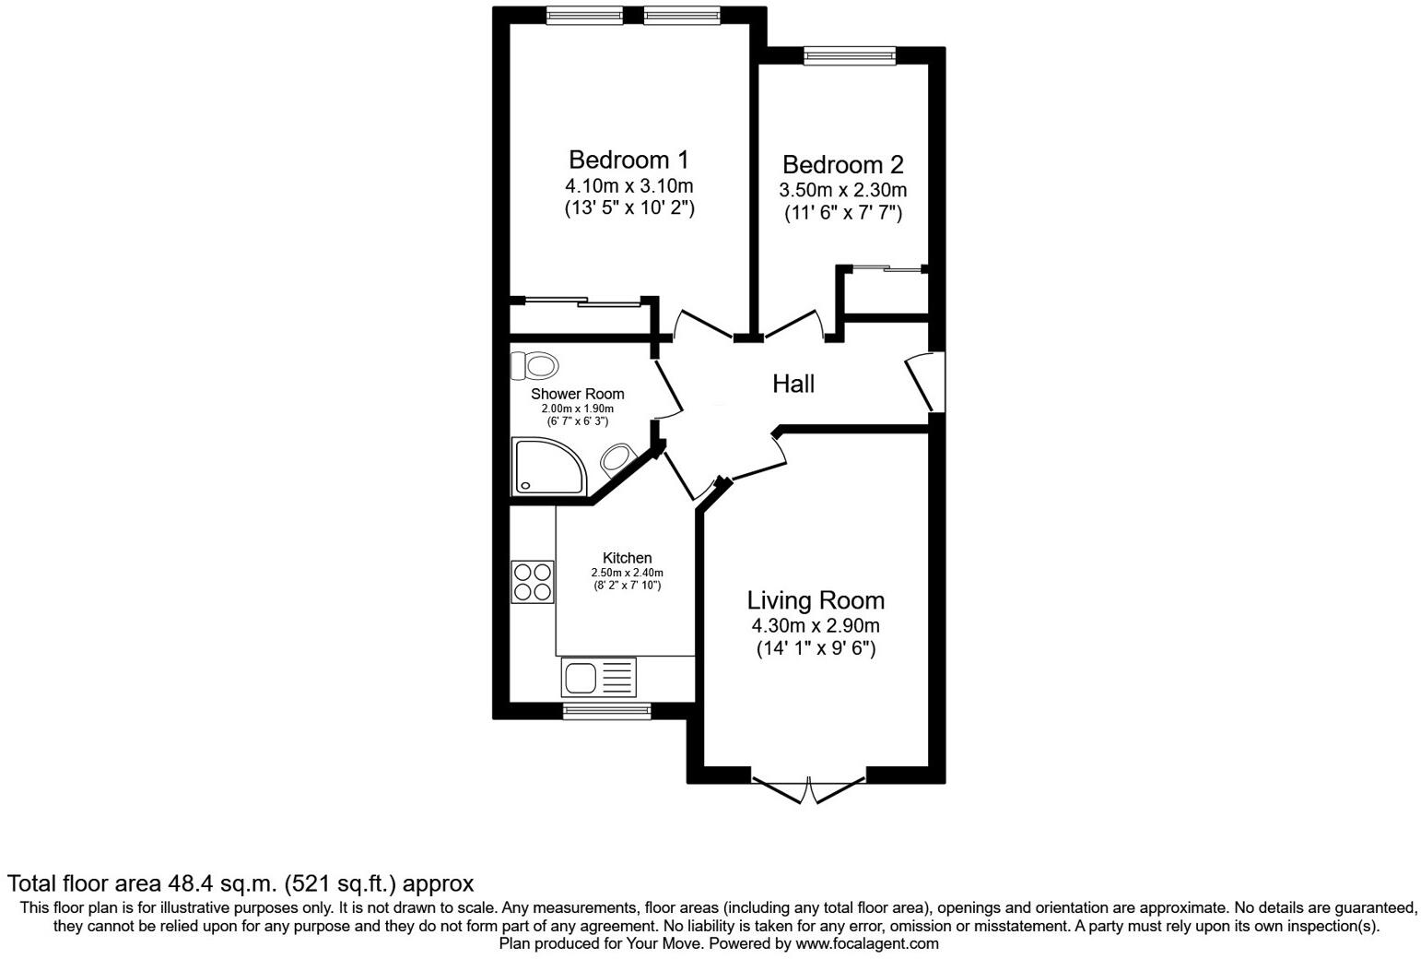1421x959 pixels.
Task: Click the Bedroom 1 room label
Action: [x=628, y=160]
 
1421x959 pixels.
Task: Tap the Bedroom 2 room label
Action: [x=842, y=165]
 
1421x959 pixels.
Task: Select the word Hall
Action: [x=793, y=384]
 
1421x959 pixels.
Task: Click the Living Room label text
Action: [x=815, y=600]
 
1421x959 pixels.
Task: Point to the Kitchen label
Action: [x=627, y=558]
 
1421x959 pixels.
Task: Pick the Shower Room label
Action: [x=577, y=394]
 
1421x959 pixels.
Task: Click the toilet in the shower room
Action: [x=534, y=366]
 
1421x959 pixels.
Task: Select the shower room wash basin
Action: [x=615, y=457]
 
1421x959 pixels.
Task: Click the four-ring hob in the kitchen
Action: [x=533, y=582]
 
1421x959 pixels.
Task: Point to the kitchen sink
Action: [x=598, y=679]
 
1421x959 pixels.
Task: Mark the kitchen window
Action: [x=606, y=711]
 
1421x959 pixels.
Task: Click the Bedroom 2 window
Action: [x=849, y=56]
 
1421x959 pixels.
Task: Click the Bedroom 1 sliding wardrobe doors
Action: [x=582, y=301]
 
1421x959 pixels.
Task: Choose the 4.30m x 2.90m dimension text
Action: [x=815, y=625]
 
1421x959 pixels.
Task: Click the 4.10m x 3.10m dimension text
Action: [x=628, y=185]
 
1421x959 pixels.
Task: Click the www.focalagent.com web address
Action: [x=867, y=943]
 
